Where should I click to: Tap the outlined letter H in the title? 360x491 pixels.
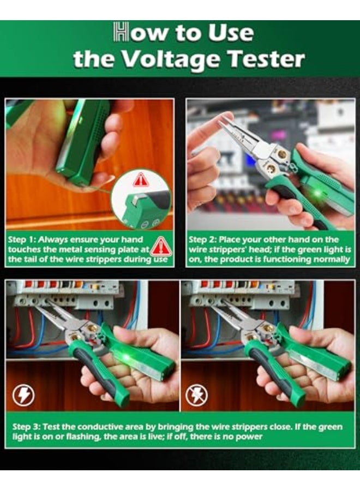coord(121,33)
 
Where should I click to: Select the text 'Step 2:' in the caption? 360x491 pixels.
coord(203,239)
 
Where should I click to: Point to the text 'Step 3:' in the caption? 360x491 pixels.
coord(27,426)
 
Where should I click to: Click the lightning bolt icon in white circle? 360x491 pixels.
coord(23,394)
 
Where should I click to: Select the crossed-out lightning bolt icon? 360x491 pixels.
coord(196,394)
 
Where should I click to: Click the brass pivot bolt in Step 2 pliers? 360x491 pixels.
coord(281,155)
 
